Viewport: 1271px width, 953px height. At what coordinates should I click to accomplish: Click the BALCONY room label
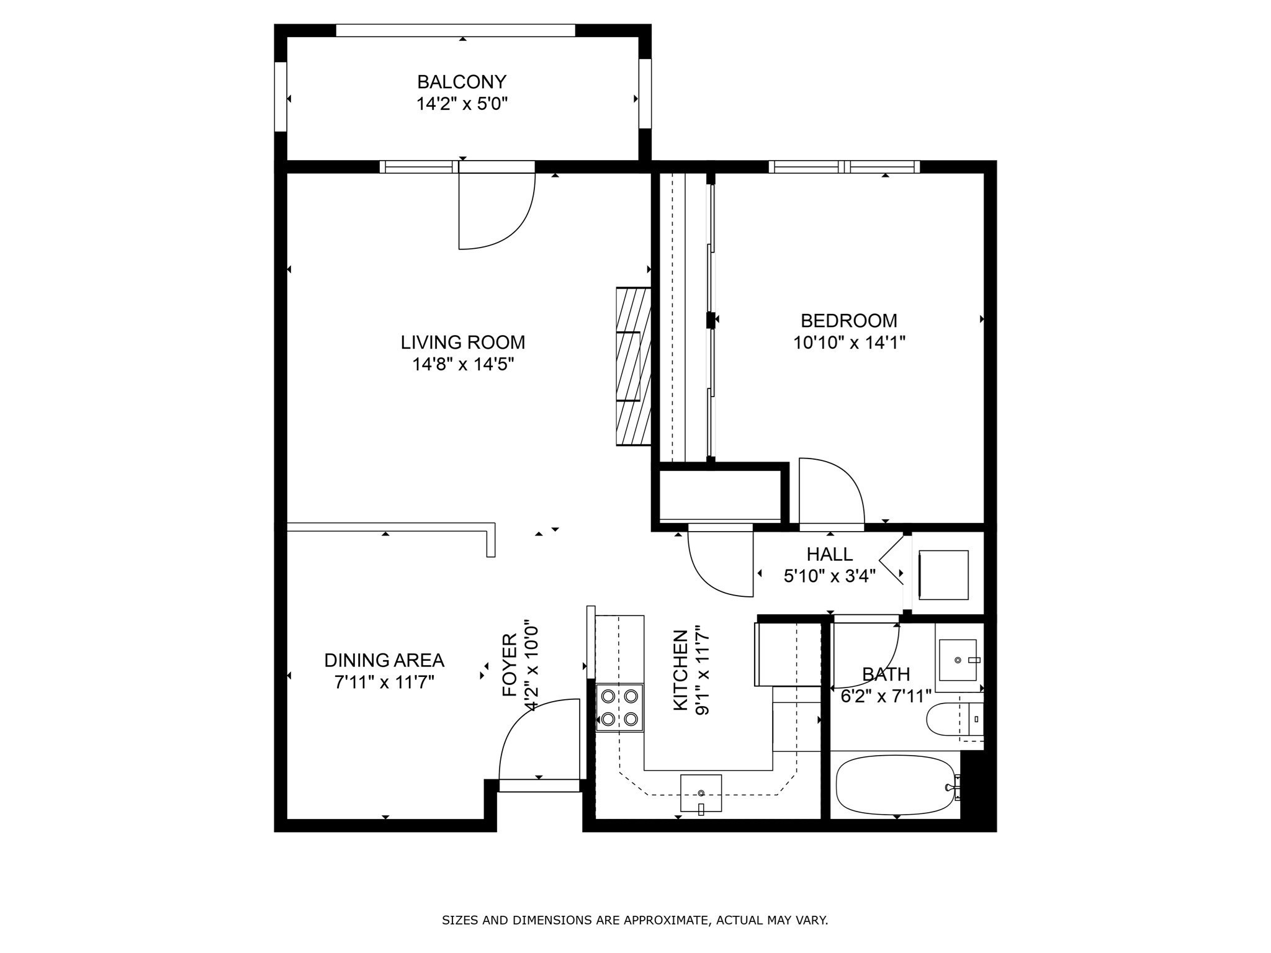tap(462, 82)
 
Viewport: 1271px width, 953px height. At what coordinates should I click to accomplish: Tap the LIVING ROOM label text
tap(463, 342)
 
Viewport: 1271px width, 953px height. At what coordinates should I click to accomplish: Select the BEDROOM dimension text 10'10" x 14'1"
tap(849, 342)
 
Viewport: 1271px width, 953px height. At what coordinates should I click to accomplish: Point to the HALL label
tap(830, 554)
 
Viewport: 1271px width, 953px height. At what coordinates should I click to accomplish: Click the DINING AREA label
tap(384, 660)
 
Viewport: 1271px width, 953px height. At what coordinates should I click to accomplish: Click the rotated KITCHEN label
tap(681, 670)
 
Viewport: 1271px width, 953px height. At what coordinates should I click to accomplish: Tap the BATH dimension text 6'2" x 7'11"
tap(886, 696)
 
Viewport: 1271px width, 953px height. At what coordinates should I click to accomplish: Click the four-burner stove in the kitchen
tap(619, 708)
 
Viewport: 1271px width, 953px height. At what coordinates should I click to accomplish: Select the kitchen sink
tap(701, 793)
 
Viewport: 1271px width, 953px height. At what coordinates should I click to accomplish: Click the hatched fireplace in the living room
tap(634, 366)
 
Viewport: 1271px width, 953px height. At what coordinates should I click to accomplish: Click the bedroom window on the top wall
tap(844, 166)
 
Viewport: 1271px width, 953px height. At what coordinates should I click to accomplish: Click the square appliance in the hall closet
tap(943, 575)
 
